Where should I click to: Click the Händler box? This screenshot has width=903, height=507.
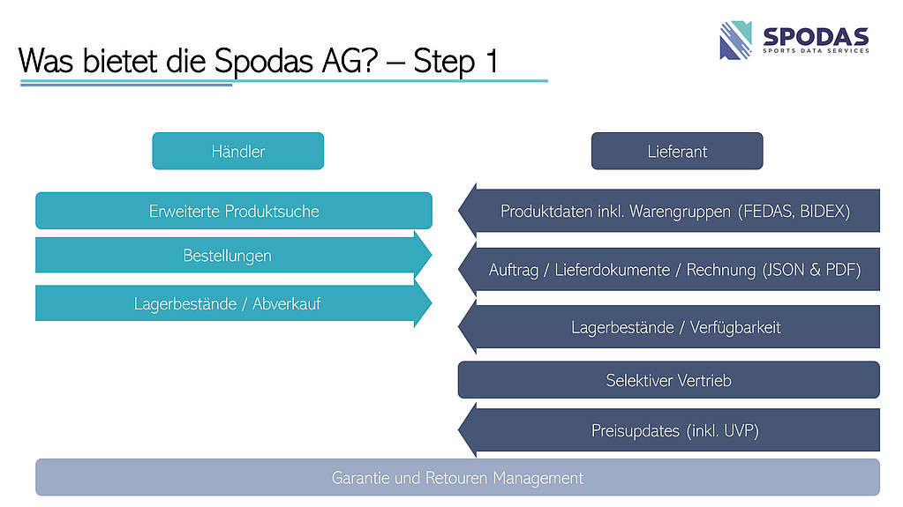tap(237, 151)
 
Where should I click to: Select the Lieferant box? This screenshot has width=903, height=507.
tap(677, 151)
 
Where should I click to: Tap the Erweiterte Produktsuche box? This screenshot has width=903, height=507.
tap(234, 211)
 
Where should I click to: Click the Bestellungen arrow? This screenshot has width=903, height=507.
tap(228, 256)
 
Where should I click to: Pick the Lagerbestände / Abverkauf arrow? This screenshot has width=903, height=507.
tap(228, 304)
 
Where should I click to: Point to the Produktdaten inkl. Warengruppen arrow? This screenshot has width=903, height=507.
tap(675, 212)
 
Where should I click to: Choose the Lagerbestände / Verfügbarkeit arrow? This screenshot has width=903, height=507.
tap(675, 327)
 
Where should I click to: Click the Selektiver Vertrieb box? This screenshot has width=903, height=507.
tap(668, 380)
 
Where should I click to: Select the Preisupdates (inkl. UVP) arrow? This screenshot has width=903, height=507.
tap(675, 431)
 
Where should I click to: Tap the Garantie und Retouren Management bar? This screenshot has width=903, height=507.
tap(457, 478)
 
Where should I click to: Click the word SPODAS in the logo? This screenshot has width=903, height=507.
tap(815, 36)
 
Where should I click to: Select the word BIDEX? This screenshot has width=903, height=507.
tap(823, 212)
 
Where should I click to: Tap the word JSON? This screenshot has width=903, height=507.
tap(787, 270)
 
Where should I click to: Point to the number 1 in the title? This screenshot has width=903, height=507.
tap(489, 61)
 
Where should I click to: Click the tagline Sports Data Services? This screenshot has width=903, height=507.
tap(815, 51)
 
